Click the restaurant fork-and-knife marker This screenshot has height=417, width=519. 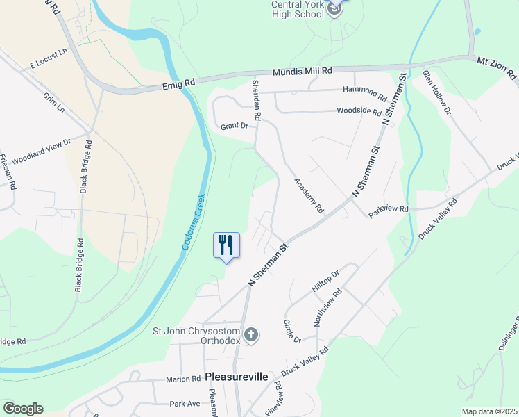click(x=226, y=245)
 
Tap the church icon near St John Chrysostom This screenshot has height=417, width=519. click(x=251, y=336)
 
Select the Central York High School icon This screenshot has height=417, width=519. click(x=334, y=9)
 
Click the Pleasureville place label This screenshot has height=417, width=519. click(x=237, y=377)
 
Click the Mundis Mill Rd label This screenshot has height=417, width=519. click(x=303, y=71)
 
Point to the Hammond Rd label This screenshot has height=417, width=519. click(x=365, y=91)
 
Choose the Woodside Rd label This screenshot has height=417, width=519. click(x=359, y=111)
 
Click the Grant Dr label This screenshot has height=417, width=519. click(x=235, y=126)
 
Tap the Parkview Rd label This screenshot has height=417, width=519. click(x=389, y=209)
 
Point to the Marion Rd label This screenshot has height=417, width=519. click(x=183, y=379)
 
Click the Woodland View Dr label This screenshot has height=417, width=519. click(x=42, y=150)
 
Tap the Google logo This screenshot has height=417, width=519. click(x=22, y=409)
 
